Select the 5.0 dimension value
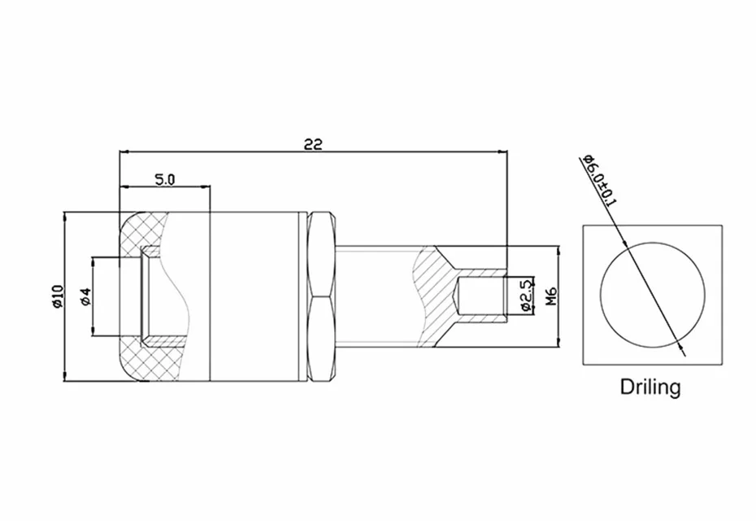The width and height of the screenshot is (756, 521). [164, 180]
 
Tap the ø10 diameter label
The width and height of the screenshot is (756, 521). [57, 296]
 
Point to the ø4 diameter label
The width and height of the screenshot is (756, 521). [86, 296]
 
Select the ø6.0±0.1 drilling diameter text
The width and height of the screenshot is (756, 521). [599, 180]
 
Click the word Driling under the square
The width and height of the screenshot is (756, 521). [650, 387]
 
